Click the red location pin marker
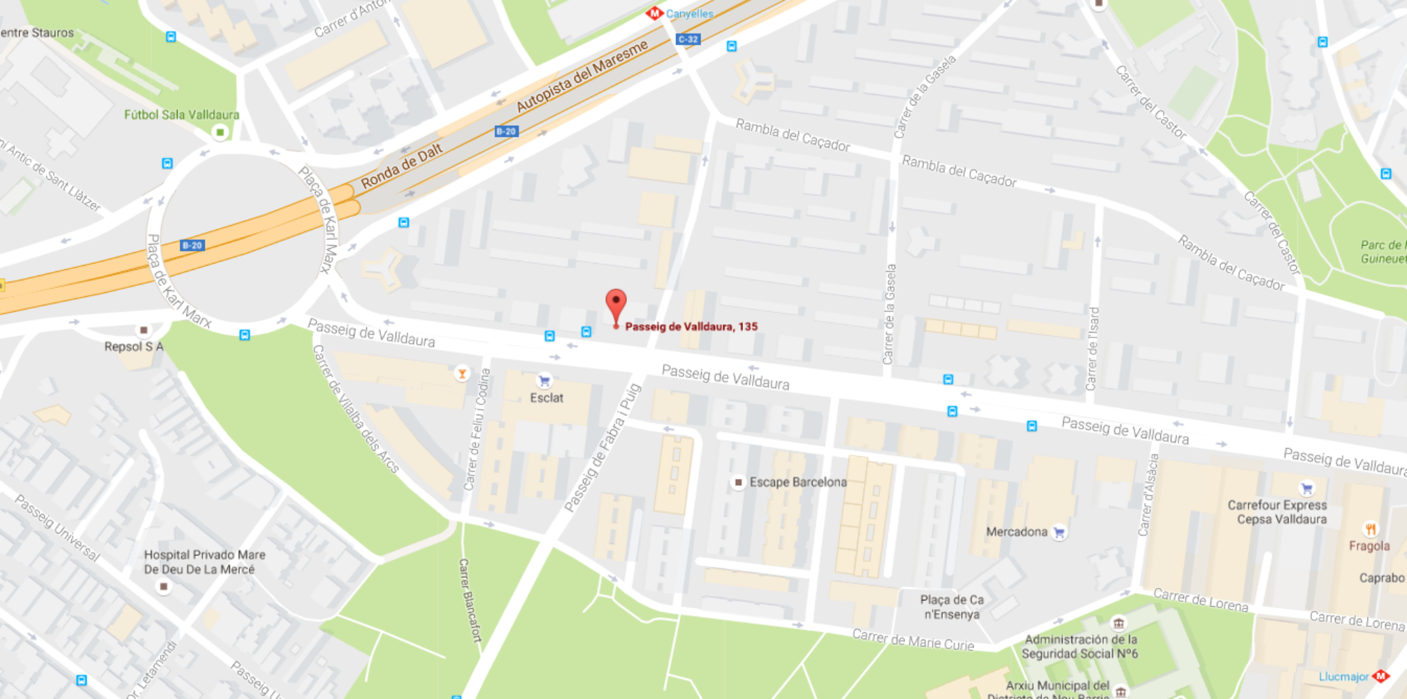(616, 305)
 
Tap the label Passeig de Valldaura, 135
(691, 326)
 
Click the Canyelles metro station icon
(654, 13)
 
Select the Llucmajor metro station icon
(1380, 676)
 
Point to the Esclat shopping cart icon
(544, 381)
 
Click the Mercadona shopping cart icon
(1059, 532)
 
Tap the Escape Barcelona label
(798, 482)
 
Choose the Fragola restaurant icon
(1370, 529)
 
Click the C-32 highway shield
(688, 39)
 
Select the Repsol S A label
(134, 347)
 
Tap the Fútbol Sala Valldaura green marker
(220, 132)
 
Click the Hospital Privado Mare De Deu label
(204, 562)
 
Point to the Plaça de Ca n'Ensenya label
(951, 607)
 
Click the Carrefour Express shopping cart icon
(1306, 489)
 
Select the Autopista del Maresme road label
(582, 77)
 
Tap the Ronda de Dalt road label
(401, 167)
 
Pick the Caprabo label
(1381, 578)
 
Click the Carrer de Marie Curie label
(912, 639)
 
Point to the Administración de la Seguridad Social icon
(1118, 623)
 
